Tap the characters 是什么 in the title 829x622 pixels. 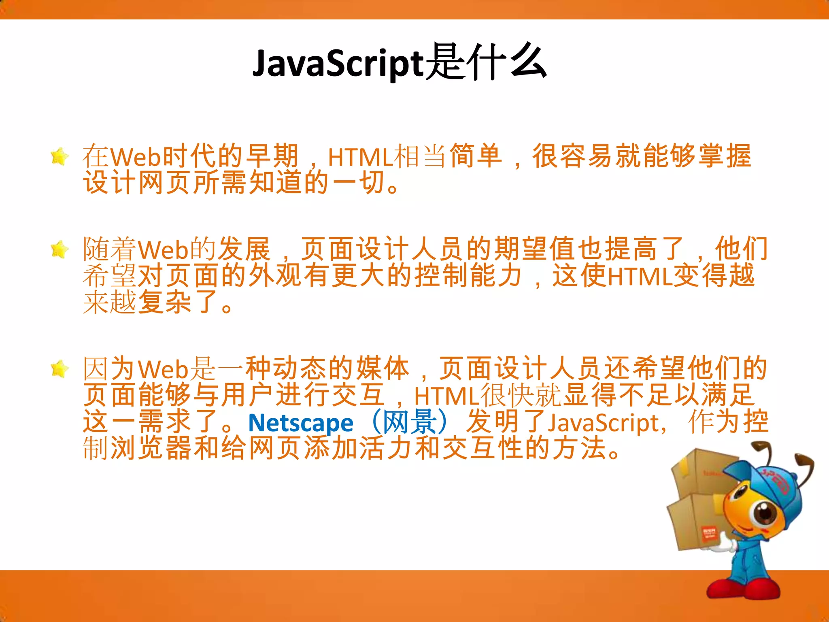(x=486, y=63)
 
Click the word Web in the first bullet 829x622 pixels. (x=136, y=157)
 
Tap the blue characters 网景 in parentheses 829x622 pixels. (x=410, y=422)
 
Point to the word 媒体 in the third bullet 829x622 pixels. (x=383, y=369)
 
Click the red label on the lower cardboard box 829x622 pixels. (x=709, y=535)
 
